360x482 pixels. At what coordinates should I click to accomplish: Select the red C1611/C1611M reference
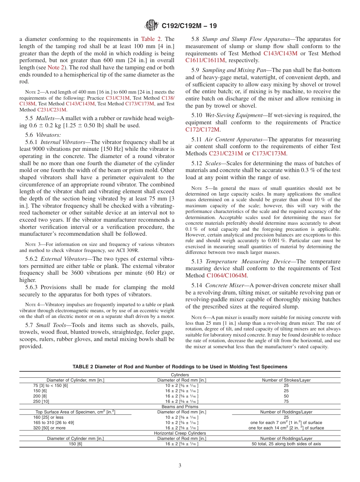tap(205, 61)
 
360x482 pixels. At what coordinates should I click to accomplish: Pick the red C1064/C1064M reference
tap(227, 275)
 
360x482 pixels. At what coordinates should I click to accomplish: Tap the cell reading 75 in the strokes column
tap(286, 401)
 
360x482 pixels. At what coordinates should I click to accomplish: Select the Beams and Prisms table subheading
tap(180, 406)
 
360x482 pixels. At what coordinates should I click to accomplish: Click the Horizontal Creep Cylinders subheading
tap(180, 433)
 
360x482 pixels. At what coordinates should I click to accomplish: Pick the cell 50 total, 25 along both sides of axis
tap(286, 444)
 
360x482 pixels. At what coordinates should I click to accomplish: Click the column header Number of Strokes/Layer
tap(286, 380)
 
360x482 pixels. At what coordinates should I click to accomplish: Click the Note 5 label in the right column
tap(197, 188)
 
